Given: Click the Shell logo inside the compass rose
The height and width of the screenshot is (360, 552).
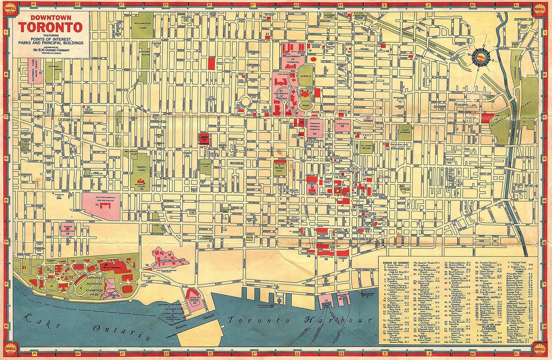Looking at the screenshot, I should point(482,57).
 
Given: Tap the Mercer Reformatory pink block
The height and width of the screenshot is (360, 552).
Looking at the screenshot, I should point(68,229).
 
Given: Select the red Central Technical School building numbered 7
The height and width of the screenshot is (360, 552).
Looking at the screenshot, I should point(211,64).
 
